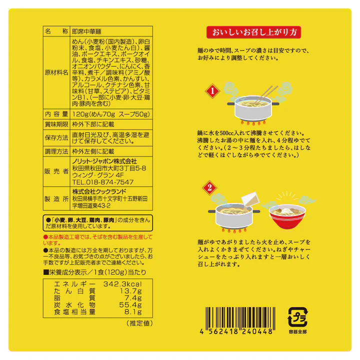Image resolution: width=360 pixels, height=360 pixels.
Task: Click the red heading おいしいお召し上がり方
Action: point(253,32)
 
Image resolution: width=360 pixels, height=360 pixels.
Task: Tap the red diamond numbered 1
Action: point(212,91)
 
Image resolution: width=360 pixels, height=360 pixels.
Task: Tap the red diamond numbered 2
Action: point(209,188)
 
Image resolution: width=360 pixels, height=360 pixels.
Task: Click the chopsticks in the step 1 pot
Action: point(266,93)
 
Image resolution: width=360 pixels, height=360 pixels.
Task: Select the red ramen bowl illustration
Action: point(287,216)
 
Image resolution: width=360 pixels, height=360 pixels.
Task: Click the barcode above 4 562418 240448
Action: point(240,317)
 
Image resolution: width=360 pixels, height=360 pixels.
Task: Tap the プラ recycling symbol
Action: point(298,317)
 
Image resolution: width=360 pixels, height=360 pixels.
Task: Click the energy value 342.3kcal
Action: point(122,284)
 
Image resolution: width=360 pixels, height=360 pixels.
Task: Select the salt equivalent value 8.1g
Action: point(133,312)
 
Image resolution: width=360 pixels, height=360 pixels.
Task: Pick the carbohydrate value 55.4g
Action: point(130,305)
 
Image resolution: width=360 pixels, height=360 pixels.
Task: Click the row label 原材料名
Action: point(56,72)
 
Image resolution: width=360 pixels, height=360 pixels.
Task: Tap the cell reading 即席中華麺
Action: point(86,31)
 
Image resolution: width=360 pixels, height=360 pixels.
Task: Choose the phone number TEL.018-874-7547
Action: point(102,182)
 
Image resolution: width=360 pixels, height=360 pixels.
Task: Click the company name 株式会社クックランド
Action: point(99,191)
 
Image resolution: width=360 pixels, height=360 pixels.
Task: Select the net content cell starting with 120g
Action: point(111,114)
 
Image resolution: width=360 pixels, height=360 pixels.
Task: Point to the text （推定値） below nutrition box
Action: point(139,323)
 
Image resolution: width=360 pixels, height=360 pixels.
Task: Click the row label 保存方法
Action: point(56,138)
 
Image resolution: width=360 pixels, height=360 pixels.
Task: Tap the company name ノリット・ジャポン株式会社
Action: point(104,161)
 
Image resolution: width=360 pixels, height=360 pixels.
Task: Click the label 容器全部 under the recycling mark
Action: point(298,332)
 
